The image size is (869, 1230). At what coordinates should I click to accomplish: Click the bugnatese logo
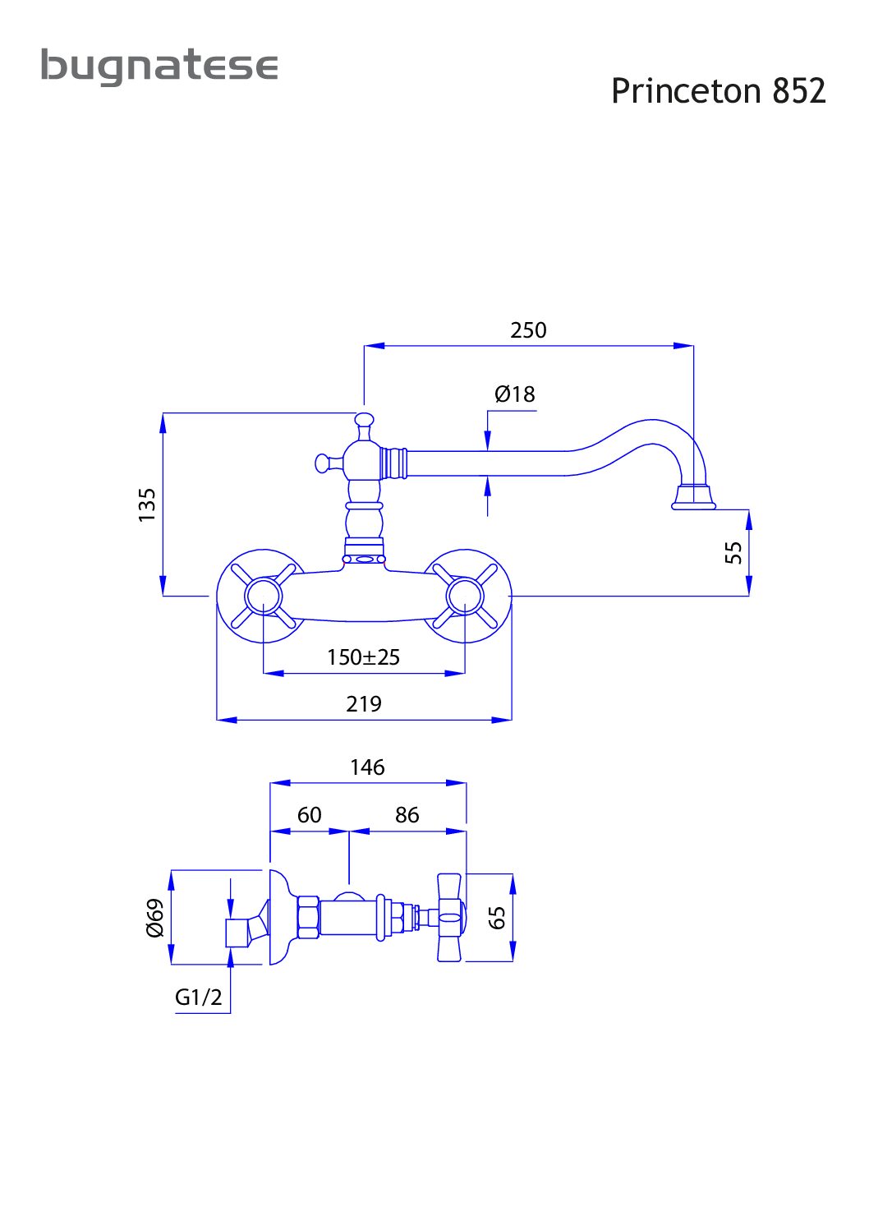click(159, 67)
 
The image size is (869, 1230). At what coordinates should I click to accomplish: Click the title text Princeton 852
click(718, 90)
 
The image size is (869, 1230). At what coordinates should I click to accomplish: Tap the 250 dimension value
click(528, 330)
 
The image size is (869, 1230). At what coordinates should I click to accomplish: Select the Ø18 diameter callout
click(514, 394)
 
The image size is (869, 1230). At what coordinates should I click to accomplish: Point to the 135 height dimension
click(146, 504)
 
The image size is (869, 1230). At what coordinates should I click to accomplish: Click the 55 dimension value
click(733, 552)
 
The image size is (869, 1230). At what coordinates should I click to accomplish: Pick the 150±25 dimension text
click(363, 657)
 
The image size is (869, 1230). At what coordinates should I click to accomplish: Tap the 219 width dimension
click(363, 703)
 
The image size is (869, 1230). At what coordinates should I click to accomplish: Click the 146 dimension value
click(367, 767)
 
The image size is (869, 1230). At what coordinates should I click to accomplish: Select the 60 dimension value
click(309, 815)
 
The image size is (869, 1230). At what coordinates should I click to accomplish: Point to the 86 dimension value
click(407, 815)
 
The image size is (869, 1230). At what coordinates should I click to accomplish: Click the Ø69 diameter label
click(155, 918)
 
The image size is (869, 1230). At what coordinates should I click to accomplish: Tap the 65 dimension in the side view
click(497, 918)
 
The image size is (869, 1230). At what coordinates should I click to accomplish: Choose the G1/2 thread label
click(198, 997)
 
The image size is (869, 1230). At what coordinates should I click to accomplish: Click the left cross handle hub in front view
click(264, 596)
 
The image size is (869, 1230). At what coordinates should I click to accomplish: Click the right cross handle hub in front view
click(465, 596)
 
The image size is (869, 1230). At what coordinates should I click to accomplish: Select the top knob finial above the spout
click(364, 422)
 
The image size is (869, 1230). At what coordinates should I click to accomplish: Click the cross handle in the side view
click(451, 918)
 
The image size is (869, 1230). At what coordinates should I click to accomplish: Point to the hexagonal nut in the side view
click(308, 917)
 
